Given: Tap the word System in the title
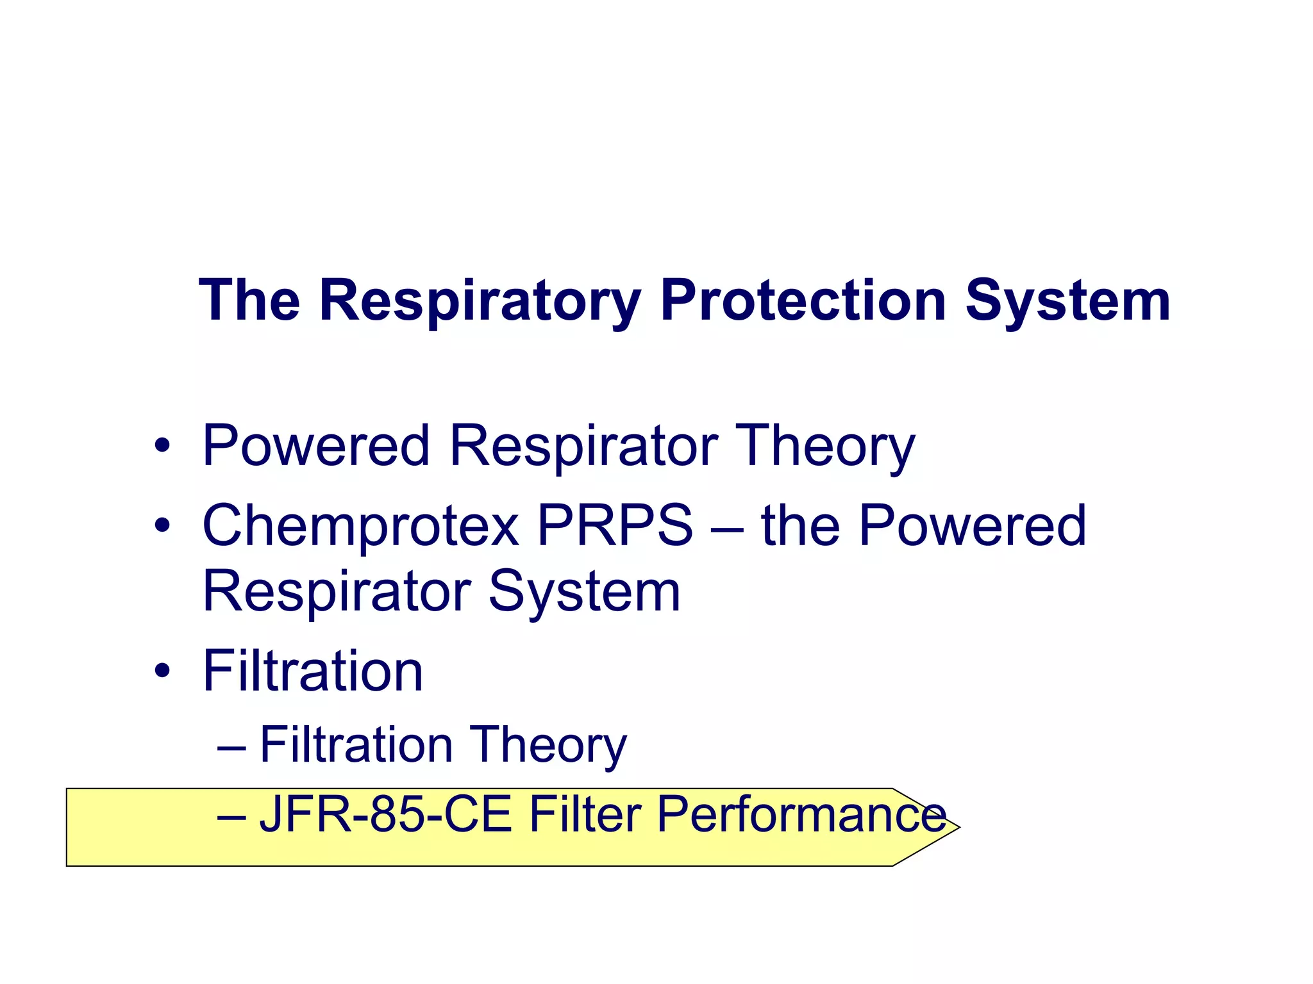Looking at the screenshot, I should pyautogui.click(x=1067, y=301).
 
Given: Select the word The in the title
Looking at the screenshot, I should pyautogui.click(x=250, y=301).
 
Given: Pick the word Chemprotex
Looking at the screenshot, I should pyautogui.click(x=360, y=526).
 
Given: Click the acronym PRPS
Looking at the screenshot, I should pyautogui.click(x=614, y=526).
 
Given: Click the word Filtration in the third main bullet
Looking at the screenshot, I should pyautogui.click(x=313, y=671).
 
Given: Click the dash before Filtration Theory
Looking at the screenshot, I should pyautogui.click(x=231, y=747).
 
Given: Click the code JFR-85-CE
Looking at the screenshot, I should pyautogui.click(x=385, y=815).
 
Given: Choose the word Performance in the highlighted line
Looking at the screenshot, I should pyautogui.click(x=801, y=815).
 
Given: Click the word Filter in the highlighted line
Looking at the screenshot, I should pyautogui.click(x=584, y=815).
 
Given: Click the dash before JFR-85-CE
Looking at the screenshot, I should pyautogui.click(x=231, y=817).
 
